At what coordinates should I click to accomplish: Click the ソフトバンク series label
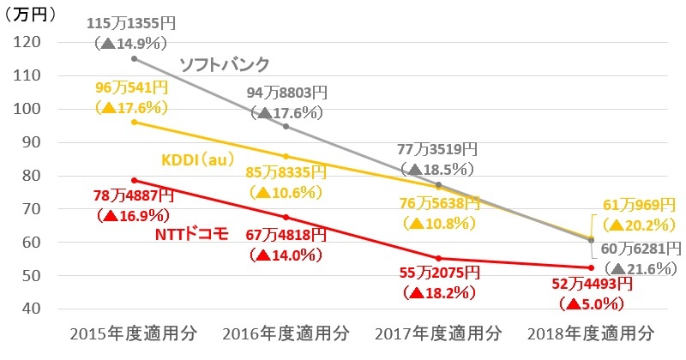(225, 64)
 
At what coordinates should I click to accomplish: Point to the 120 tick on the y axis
(30, 43)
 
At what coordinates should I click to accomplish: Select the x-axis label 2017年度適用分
(440, 333)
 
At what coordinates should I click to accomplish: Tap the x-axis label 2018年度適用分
(593, 333)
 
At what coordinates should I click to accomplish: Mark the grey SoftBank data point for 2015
(134, 58)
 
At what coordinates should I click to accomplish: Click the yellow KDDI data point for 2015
(134, 122)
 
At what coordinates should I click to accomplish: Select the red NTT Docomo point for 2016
(286, 217)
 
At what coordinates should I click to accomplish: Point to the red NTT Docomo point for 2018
(592, 267)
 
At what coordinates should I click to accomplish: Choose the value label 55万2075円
(438, 273)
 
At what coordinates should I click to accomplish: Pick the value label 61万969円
(640, 206)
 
